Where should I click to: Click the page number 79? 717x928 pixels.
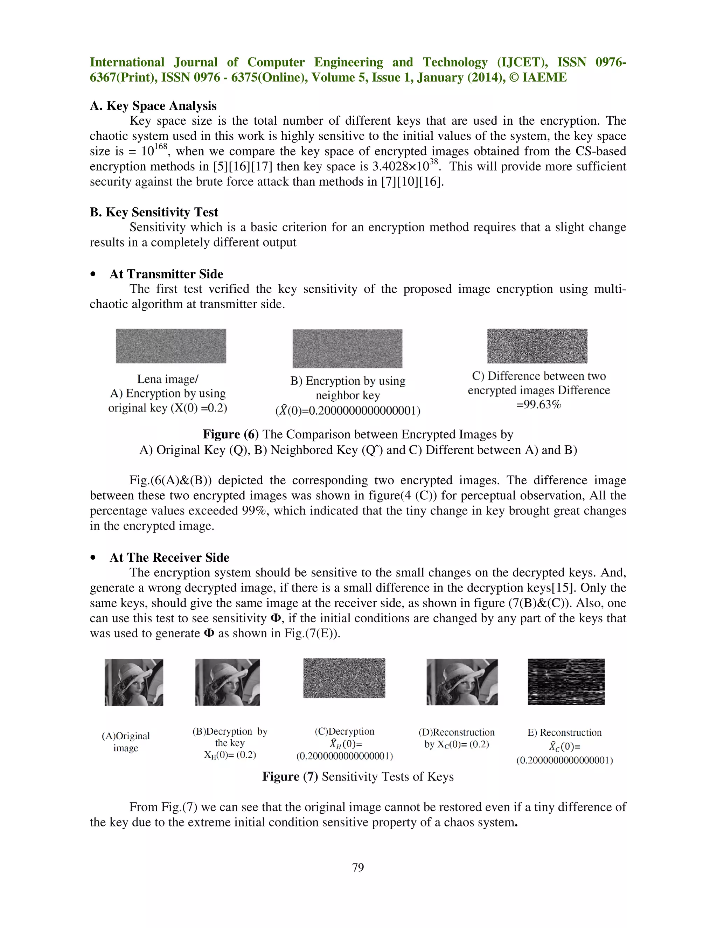click(x=358, y=867)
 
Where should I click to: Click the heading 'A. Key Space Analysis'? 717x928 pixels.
click(x=153, y=105)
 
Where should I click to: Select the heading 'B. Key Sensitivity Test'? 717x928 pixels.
click(x=154, y=212)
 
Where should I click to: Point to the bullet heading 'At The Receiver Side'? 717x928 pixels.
click(x=169, y=557)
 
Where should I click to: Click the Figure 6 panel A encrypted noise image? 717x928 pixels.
click(x=171, y=346)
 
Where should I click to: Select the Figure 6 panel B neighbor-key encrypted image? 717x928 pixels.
click(x=347, y=348)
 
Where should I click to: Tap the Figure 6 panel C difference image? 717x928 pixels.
click(x=537, y=346)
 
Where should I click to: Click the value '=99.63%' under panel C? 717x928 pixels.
click(x=538, y=404)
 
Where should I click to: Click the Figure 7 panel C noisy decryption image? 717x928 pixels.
click(x=344, y=678)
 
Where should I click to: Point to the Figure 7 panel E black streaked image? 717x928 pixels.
click(x=566, y=681)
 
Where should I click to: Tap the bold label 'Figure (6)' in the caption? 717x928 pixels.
click(x=230, y=434)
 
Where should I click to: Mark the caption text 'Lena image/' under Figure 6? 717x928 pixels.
click(x=167, y=379)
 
